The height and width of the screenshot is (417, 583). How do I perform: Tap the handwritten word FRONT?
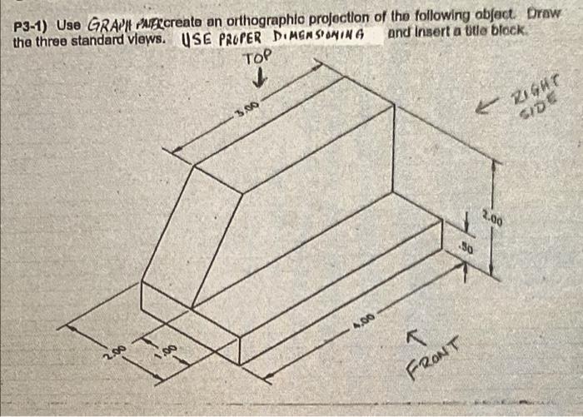pyautogui.click(x=432, y=358)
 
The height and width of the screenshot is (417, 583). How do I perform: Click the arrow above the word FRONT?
pyautogui.click(x=412, y=336)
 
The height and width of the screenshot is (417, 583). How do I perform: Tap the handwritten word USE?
pyautogui.click(x=193, y=39)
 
